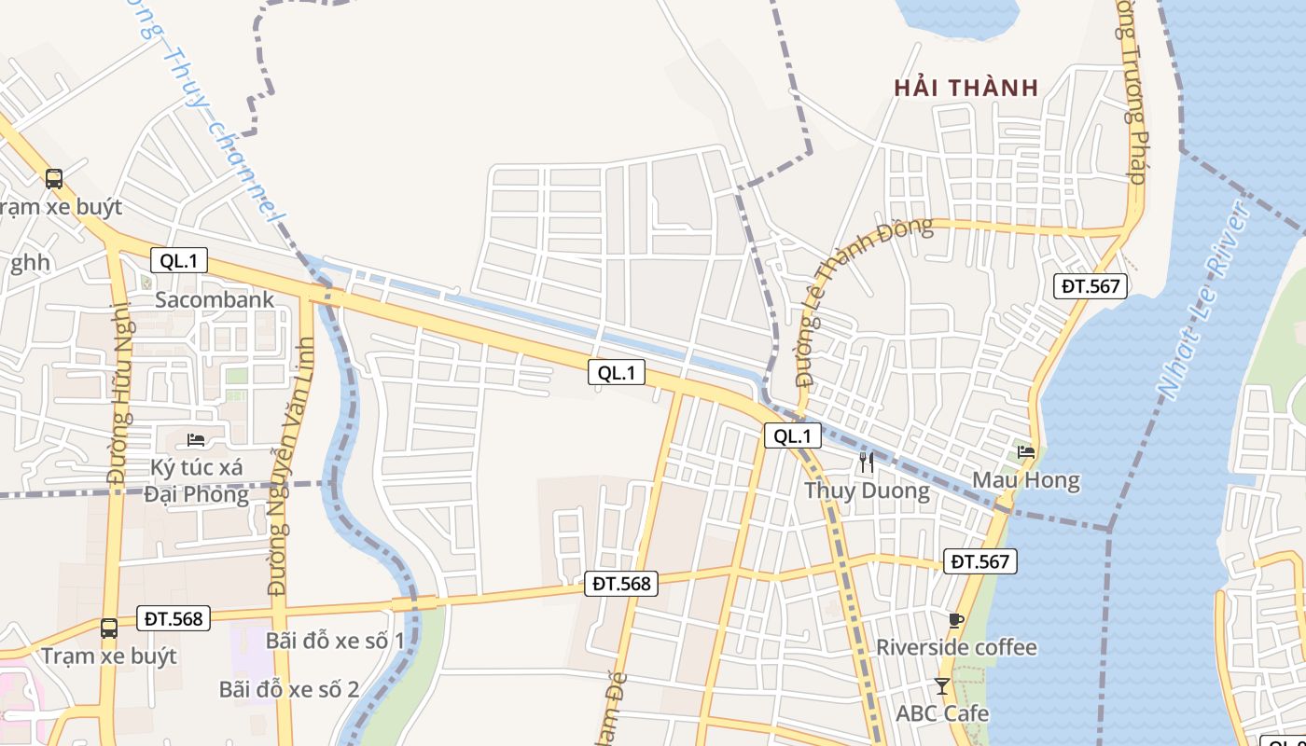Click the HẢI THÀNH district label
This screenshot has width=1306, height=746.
966,89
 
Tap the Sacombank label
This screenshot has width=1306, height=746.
215,299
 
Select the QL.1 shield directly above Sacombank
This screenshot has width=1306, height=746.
178,260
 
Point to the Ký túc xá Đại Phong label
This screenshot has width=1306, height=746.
196,480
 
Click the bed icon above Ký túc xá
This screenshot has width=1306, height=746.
196,438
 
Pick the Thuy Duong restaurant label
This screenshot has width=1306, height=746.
867,490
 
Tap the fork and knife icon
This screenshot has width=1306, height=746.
867,461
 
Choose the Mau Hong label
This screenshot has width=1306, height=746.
1025,480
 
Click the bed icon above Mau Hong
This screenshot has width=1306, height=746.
1026,451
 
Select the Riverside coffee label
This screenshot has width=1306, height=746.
956,647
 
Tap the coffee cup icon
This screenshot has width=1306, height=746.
955,619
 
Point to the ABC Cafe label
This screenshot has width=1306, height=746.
942,713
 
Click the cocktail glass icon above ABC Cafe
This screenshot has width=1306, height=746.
942,686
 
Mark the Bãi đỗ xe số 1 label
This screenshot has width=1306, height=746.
335,641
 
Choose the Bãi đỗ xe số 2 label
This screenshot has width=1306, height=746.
289,689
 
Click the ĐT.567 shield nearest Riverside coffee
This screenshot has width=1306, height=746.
979,561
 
